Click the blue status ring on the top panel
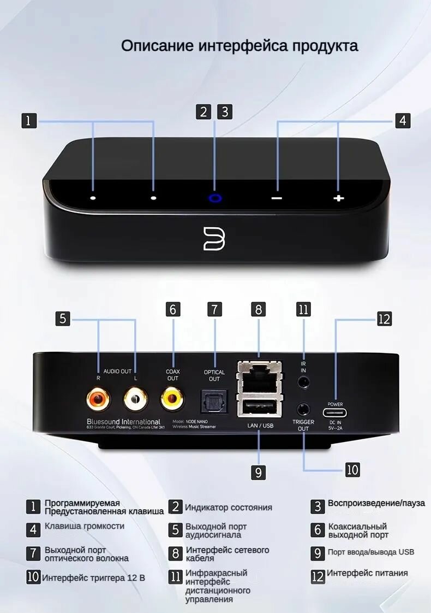click(215, 198)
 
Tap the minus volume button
click(277, 198)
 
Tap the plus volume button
click(339, 198)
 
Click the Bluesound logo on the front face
click(214, 238)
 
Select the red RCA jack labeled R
click(98, 399)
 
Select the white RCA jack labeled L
click(135, 399)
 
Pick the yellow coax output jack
click(172, 399)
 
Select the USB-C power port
click(335, 412)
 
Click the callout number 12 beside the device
click(384, 319)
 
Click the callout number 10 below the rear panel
click(352, 469)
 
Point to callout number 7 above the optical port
click(214, 309)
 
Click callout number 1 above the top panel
click(29, 121)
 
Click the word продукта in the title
click(325, 45)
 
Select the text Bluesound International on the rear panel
click(123, 422)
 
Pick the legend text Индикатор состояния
click(228, 508)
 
